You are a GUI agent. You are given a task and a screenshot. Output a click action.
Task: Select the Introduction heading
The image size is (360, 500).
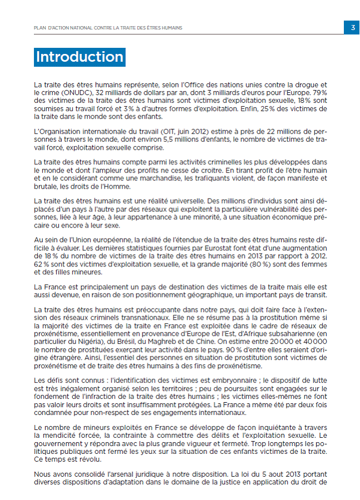[80, 57]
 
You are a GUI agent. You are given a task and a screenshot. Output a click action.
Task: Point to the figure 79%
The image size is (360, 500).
[319, 91]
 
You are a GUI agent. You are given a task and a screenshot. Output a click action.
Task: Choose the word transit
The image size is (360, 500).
[315, 294]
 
